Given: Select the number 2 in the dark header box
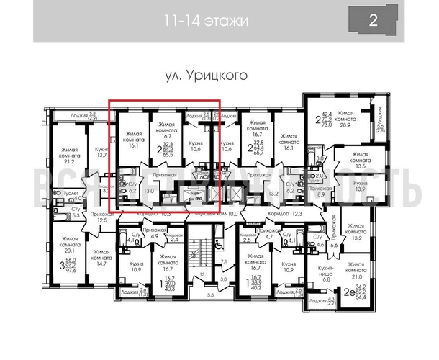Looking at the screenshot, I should (x=373, y=20).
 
